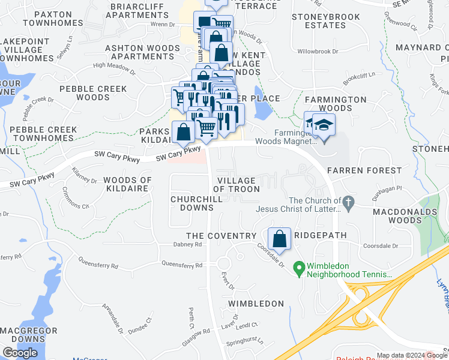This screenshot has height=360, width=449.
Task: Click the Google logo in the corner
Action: [20, 353]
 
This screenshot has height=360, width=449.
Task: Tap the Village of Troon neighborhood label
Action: [237, 185]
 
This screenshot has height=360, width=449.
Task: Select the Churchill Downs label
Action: [192, 203]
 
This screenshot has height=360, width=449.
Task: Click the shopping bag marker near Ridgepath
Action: [279, 238]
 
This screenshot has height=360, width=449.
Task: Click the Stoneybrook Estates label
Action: [326, 21]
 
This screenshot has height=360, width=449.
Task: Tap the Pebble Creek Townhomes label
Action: [43, 134]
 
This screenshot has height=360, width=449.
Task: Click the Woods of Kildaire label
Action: [127, 185]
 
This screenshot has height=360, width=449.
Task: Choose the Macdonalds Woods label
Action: [405, 216]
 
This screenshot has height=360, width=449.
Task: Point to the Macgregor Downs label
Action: [29, 335]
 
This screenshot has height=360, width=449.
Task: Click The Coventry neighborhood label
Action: [212, 236]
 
